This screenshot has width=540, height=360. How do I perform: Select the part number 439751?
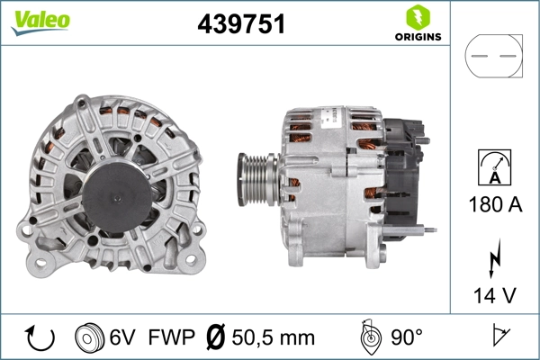point(241,25)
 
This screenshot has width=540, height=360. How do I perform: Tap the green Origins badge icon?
point(417,17)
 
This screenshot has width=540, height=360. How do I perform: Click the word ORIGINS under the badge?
point(417,37)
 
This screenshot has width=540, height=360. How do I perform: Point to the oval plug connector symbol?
point(493,56)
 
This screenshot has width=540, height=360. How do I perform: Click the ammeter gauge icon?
point(492,168)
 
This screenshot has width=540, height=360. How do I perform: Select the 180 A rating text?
point(493,204)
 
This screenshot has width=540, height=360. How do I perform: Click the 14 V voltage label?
point(493,293)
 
